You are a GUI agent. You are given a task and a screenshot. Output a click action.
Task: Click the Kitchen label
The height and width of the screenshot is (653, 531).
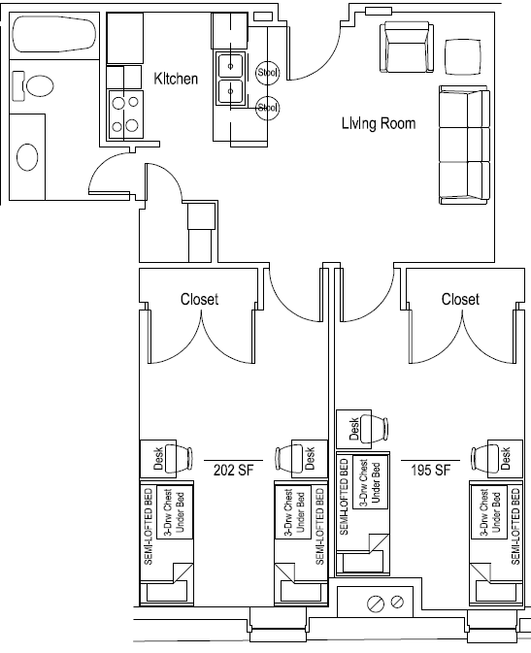point(176,79)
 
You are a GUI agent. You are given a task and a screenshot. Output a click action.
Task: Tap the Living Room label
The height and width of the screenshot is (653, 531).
point(379,123)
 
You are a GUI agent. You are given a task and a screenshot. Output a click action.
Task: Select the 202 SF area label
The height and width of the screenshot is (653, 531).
point(233,471)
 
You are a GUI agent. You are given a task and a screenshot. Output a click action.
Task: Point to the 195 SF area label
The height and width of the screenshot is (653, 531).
point(431,471)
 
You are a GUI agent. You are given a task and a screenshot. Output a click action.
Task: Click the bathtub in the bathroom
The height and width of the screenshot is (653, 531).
point(54,34)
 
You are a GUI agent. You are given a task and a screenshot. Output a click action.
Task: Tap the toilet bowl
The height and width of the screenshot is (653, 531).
point(40,86)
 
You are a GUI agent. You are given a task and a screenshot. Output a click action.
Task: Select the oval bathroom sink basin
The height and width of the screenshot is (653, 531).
point(27,156)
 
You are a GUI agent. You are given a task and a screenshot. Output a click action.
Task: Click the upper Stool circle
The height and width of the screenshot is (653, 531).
point(267,73)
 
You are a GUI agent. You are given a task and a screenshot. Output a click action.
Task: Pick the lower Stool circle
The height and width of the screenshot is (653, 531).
point(267,108)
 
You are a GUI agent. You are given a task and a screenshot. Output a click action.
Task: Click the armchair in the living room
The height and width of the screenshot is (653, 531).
point(407,48)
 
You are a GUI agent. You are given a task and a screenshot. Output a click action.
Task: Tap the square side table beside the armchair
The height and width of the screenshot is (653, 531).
point(463,57)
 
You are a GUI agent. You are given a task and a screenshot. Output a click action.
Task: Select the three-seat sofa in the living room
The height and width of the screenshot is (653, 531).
point(464,145)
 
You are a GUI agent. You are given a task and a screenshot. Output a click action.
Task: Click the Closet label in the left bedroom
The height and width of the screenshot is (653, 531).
point(199,299)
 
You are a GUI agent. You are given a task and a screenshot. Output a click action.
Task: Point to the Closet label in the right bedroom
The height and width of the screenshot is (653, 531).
point(460,299)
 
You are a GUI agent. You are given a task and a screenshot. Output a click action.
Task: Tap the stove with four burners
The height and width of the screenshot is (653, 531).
point(125,114)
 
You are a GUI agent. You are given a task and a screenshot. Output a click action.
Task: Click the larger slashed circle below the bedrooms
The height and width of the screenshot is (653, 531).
point(375,604)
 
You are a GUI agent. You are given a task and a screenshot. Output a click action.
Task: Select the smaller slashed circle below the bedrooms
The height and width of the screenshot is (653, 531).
point(397,602)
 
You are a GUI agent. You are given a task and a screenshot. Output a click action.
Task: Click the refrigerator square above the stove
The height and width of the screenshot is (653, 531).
point(125,38)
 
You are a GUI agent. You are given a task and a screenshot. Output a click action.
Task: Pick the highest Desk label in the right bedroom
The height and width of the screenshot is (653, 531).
point(354,429)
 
